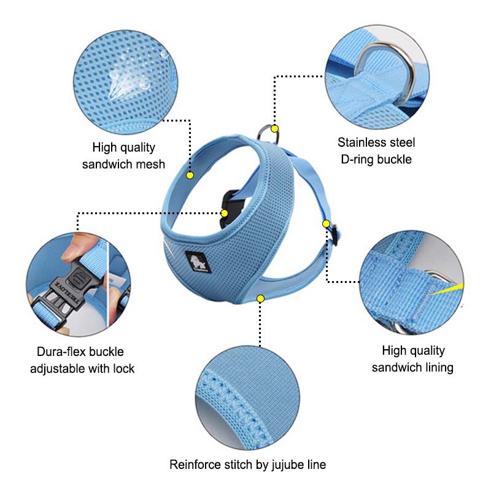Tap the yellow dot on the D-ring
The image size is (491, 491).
pyautogui.click(x=274, y=129)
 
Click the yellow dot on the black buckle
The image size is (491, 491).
pyautogui.click(x=224, y=213)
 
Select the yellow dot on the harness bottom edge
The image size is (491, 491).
pyautogui.click(x=260, y=299)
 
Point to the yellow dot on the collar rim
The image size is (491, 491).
pyautogui.click(x=190, y=176)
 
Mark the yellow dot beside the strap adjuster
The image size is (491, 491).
pyautogui.click(x=326, y=223)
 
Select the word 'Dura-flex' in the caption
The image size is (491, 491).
pyautogui.click(x=59, y=352)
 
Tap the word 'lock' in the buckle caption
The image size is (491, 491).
pyautogui.click(x=124, y=369)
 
